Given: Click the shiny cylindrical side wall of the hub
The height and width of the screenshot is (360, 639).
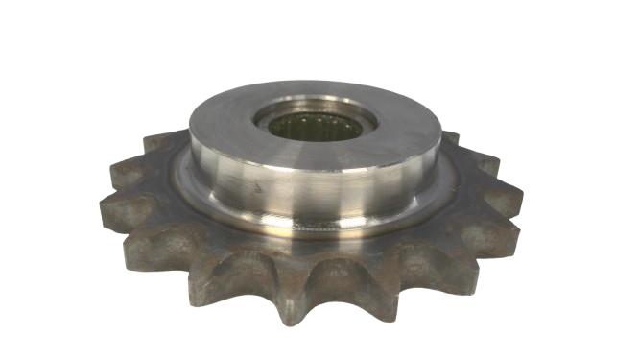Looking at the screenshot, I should point(317,192).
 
